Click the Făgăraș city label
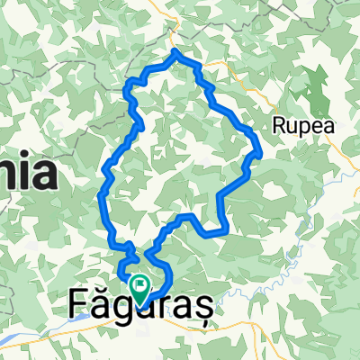pos(139,308)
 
